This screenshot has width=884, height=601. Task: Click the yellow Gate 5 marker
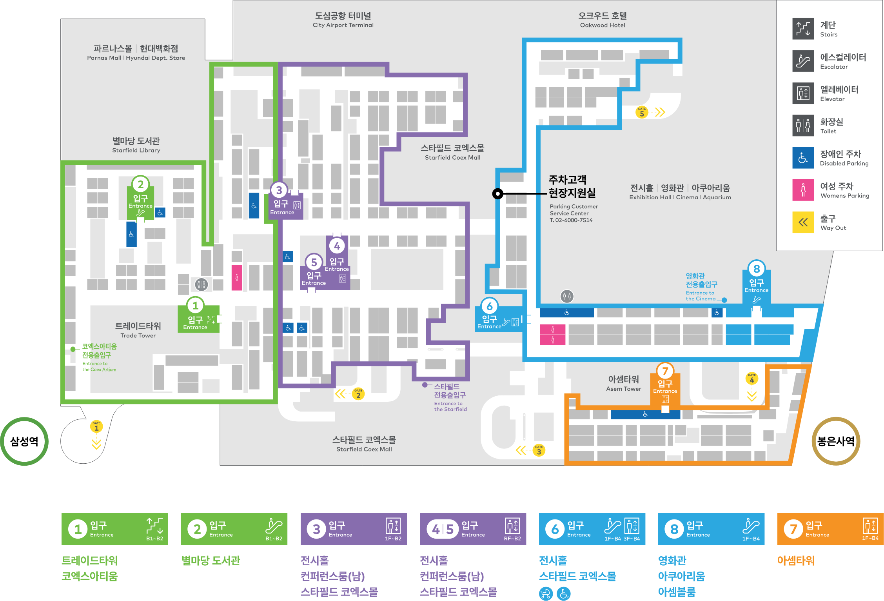coord(642,113)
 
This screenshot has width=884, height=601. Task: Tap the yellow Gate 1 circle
coord(96,426)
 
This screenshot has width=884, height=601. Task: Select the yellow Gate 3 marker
coord(539,450)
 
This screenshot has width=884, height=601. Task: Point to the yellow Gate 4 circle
coord(751,379)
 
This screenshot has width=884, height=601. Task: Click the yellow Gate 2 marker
coord(358,394)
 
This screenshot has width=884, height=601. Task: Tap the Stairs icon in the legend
coord(803,29)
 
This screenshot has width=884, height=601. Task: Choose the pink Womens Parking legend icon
coord(803,190)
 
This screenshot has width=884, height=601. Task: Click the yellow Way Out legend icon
coord(803,222)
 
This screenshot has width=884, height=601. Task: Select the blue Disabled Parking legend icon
coord(803,158)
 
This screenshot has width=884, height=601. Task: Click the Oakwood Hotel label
coord(603,20)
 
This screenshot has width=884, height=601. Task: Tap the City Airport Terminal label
coord(343,20)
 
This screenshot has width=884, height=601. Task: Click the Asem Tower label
coord(624,383)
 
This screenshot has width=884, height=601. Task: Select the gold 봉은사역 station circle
coord(836,441)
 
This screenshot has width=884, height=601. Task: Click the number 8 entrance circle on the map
coord(756,269)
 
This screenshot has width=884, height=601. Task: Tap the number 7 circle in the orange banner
coord(793,529)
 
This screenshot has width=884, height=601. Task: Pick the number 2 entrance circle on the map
coord(140,184)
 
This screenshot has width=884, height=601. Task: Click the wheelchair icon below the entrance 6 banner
coord(564,594)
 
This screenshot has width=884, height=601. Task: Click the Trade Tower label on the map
coord(138,330)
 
